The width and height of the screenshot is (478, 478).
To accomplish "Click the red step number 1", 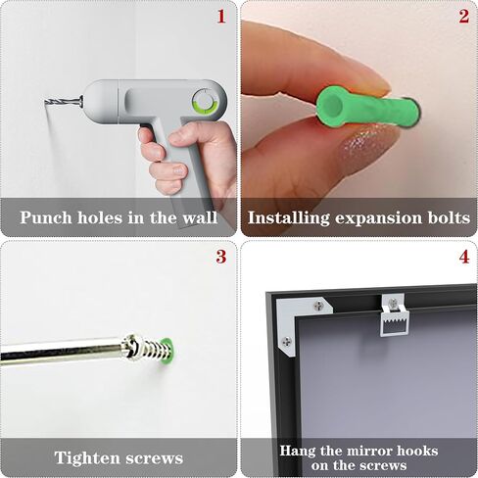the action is coord(221,17).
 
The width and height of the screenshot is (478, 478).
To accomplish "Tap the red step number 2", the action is coord(464,17).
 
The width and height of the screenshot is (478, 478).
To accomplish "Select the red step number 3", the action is coord(221,257).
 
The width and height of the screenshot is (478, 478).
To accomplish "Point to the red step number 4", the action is coord(464,257).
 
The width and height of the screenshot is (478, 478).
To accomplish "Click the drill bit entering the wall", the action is coord(63,101).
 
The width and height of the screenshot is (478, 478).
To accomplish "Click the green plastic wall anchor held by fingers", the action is coord(367,107).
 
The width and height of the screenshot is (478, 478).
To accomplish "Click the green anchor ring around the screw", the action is coord(167,352).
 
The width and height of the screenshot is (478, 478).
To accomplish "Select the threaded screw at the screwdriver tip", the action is coord(147,350).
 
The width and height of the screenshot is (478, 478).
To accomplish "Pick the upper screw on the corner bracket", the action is coord(318,306).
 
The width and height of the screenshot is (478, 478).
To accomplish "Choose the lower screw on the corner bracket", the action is coord(286,341).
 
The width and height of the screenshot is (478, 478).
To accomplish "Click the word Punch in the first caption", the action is coord(46,217).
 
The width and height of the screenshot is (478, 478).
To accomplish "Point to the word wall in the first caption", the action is coord(200,217).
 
